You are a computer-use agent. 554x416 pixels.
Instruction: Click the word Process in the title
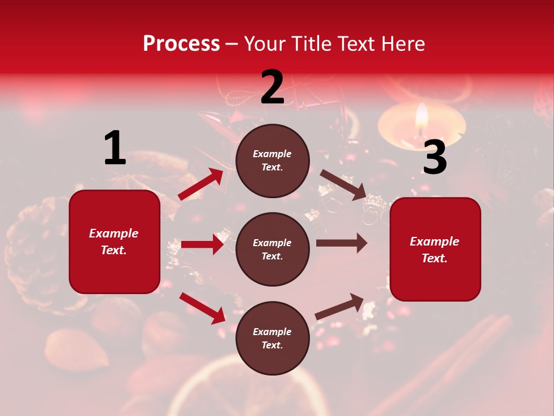click(x=181, y=44)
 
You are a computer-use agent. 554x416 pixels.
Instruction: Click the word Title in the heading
click(x=309, y=44)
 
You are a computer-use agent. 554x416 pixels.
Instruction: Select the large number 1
click(x=115, y=148)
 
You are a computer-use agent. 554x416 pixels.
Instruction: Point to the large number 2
click(x=272, y=87)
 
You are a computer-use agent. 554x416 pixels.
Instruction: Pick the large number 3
click(x=435, y=157)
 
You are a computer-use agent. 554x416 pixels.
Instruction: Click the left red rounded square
click(x=114, y=242)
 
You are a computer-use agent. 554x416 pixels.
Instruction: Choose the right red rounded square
click(x=435, y=249)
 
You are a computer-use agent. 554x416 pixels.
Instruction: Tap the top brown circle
click(x=272, y=161)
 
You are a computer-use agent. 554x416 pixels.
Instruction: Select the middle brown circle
click(x=272, y=249)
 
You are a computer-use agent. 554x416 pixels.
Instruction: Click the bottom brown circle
click(x=272, y=338)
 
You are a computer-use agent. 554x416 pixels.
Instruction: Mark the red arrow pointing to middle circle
click(x=203, y=244)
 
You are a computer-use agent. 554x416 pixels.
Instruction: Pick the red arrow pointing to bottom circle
click(x=203, y=307)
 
